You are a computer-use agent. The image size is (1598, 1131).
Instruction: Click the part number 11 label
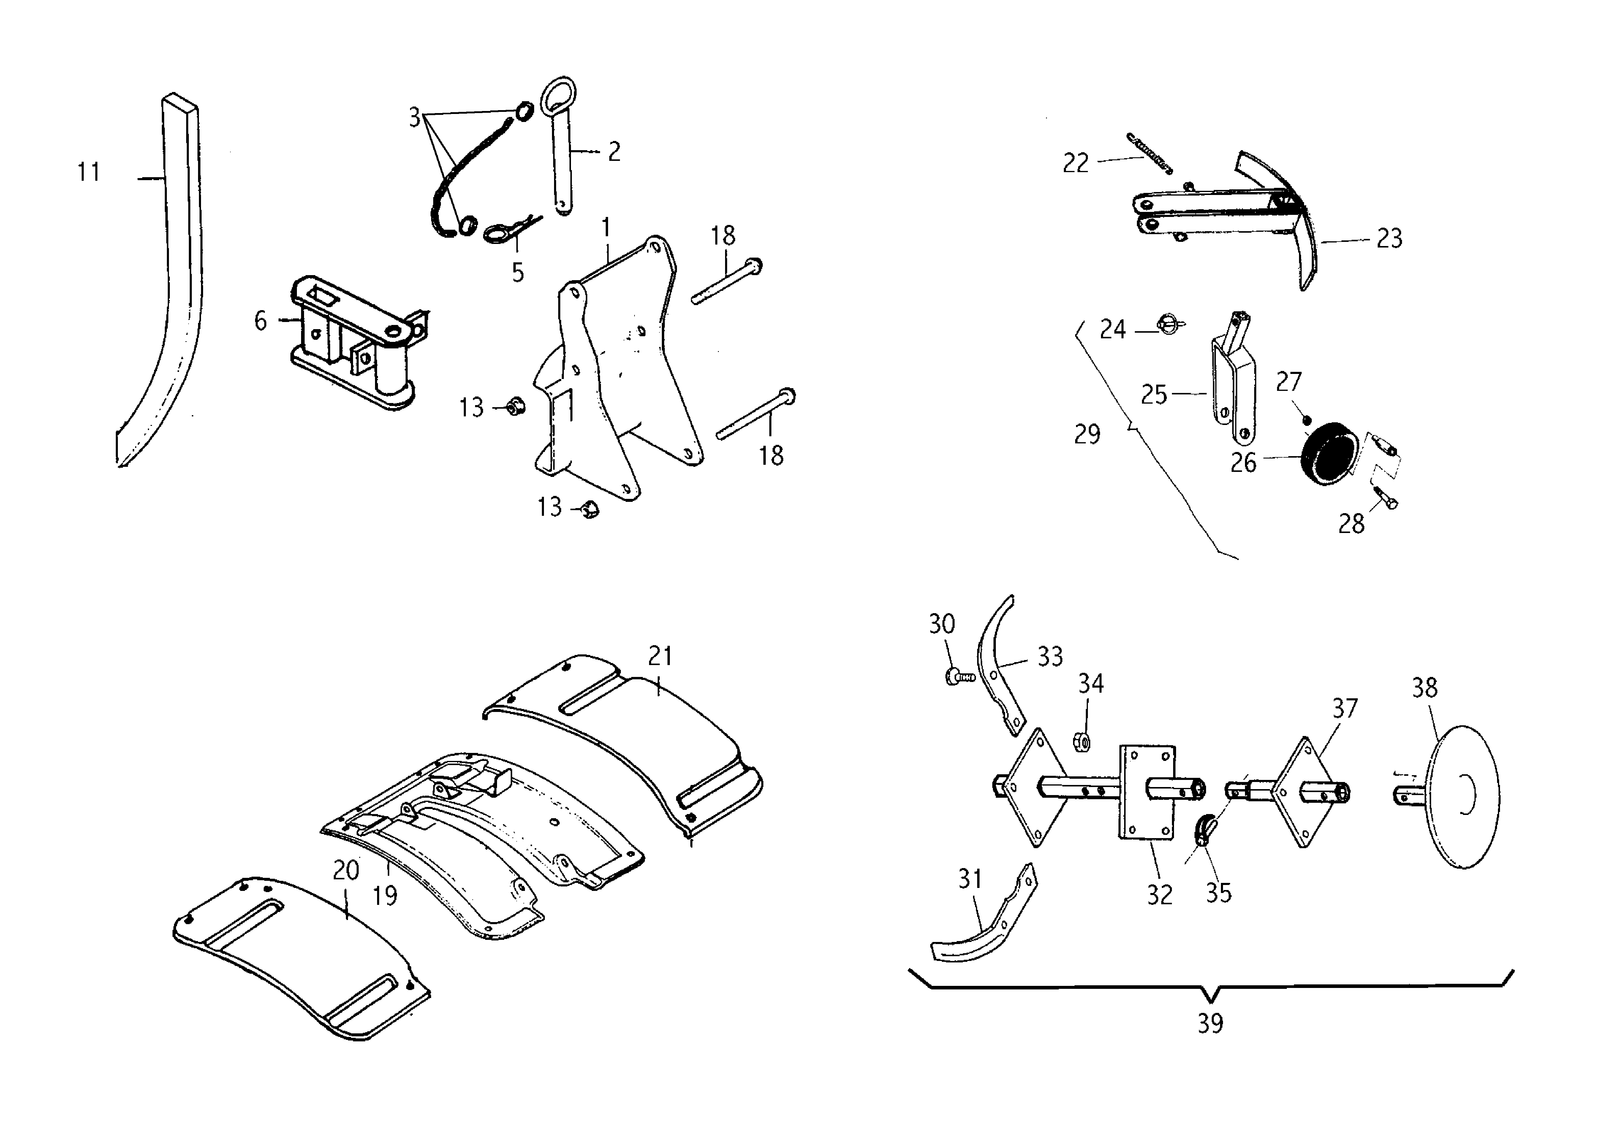tap(88, 172)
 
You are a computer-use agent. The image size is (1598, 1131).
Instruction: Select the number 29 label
tap(1087, 434)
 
